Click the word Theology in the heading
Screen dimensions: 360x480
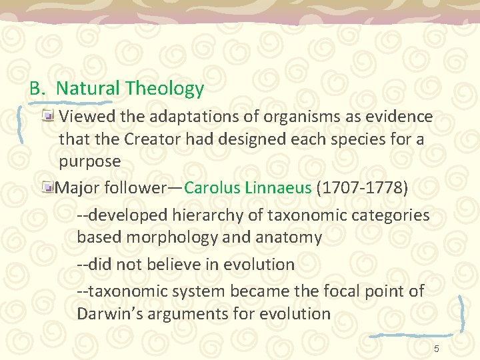coord(164,88)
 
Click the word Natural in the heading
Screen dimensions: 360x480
coord(88,88)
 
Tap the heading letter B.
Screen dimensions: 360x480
coord(35,88)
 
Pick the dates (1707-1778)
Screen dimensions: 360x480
coord(362,187)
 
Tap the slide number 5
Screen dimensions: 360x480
coord(436,349)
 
